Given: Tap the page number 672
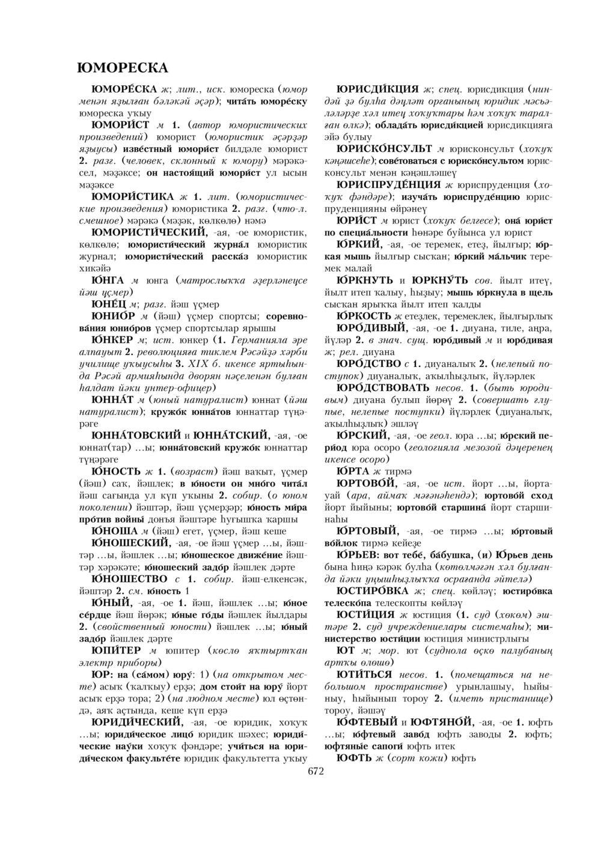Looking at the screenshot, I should point(316,771).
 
